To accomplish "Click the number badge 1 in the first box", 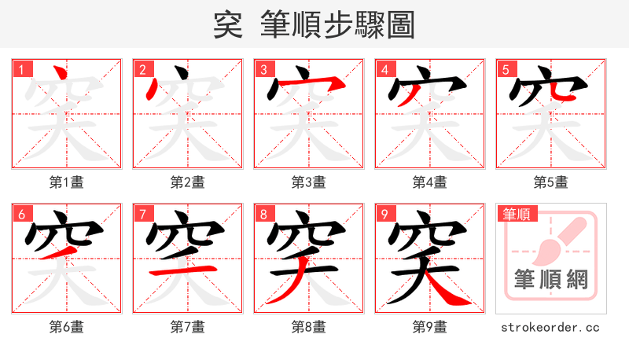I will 21,69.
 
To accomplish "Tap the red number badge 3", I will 263,69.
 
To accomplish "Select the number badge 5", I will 506,69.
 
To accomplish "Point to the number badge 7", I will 142,214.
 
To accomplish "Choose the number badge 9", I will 384,214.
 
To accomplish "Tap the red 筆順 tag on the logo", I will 514,214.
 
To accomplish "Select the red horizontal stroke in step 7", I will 184,270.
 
